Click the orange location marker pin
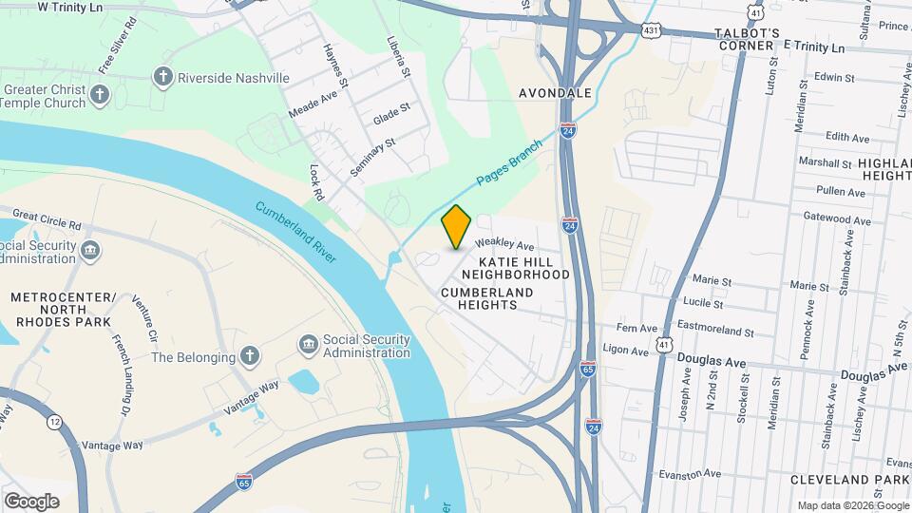pos(457,227)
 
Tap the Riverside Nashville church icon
pos(163,77)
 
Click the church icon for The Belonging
pos(249,357)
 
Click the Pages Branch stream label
pos(509,163)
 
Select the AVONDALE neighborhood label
pos(556,93)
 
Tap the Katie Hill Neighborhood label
pos(523,268)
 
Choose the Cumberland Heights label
pos(492,298)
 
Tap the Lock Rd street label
pos(316,181)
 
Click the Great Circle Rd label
pos(47,221)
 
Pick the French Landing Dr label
pos(120,374)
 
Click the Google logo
pos(31,501)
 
